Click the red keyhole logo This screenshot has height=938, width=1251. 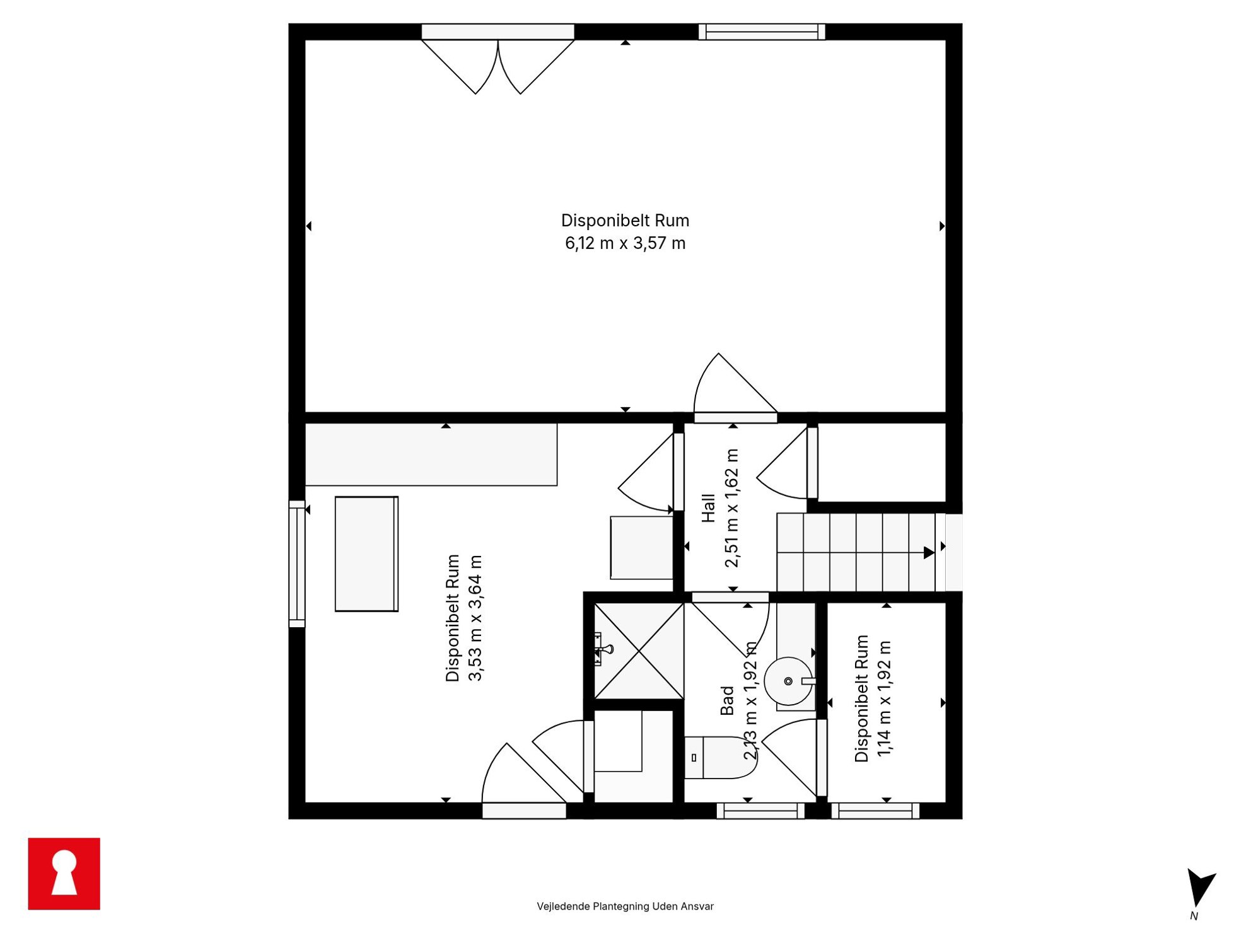64,873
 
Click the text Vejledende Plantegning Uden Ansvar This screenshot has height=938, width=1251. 625,906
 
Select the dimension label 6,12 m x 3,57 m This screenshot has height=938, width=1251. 625,243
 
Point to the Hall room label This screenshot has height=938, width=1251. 709,508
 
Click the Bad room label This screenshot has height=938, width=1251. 727,700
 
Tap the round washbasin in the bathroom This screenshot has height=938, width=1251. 788,681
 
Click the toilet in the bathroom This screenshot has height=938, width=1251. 720,757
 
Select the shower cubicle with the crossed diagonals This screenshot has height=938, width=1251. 639,651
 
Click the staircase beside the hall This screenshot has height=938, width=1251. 855,552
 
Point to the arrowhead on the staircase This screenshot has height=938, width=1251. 929,553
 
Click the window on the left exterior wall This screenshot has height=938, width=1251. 297,564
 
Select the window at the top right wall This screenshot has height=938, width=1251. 762,32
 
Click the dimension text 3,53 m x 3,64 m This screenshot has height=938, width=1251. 475,618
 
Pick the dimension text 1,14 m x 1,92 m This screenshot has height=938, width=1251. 884,698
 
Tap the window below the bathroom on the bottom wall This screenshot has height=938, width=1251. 760,811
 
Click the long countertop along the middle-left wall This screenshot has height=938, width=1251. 431,454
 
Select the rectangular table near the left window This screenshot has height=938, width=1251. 366,553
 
